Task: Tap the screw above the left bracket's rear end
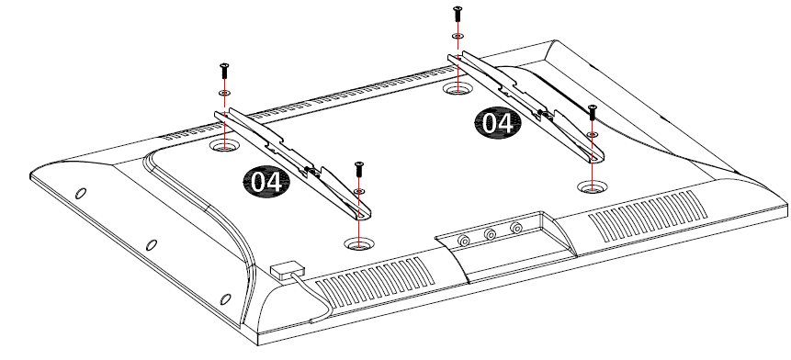tap(223, 70)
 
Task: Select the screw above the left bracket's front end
tap(358, 169)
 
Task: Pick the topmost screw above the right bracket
tap(458, 14)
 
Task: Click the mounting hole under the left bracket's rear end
tap(224, 145)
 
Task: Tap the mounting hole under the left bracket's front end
tap(358, 243)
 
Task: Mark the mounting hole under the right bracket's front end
tap(593, 186)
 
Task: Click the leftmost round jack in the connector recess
tap(464, 241)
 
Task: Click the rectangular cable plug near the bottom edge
tap(287, 271)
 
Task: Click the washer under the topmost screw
tap(458, 39)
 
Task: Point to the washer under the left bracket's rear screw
tap(223, 94)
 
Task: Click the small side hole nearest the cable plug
tap(224, 298)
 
